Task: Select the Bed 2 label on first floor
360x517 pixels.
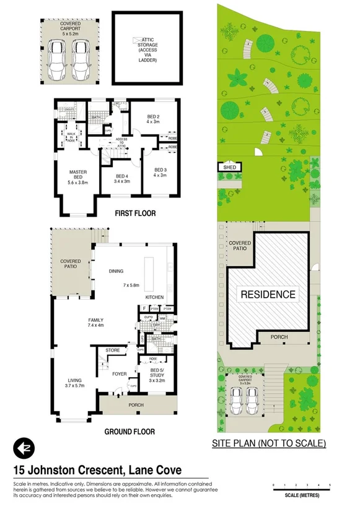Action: [154, 119]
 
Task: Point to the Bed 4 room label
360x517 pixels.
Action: [122, 178]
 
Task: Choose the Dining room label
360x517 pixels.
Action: [116, 271]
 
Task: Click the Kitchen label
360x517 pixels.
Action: [154, 297]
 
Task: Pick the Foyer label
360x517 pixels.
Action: [119, 373]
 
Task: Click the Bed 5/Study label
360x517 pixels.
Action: [156, 375]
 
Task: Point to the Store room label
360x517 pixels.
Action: [112, 350]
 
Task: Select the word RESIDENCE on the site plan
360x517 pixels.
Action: [268, 294]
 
